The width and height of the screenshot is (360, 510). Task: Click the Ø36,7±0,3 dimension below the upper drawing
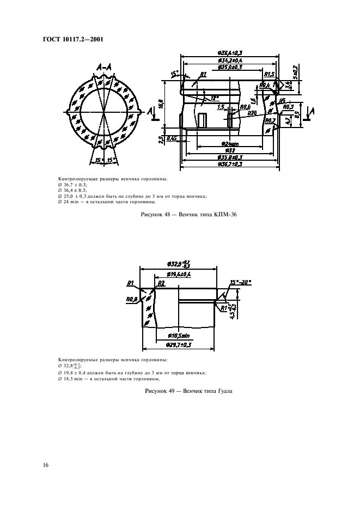(x=229, y=163)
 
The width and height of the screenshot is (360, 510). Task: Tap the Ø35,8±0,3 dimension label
(x=229, y=157)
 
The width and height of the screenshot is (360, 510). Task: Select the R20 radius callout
(x=252, y=113)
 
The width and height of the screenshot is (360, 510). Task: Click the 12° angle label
(x=215, y=98)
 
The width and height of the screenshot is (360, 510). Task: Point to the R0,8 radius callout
(x=132, y=299)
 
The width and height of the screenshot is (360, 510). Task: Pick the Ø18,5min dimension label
(x=179, y=336)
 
